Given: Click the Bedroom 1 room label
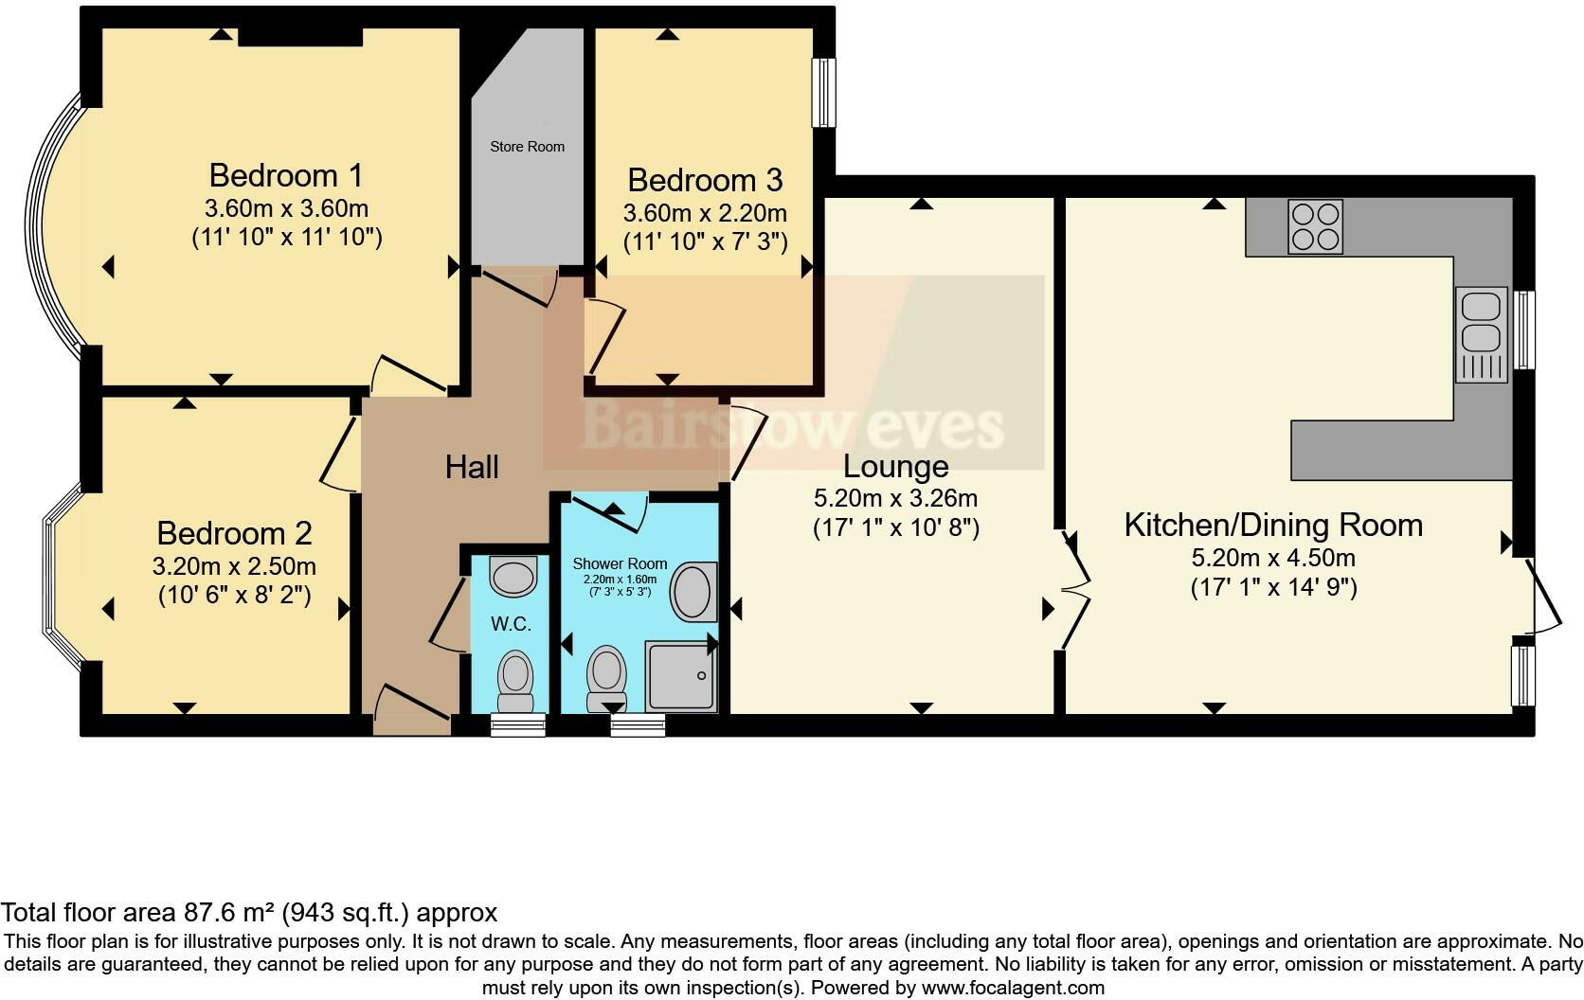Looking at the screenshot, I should [x=286, y=176].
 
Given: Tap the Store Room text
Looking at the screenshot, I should [x=527, y=147].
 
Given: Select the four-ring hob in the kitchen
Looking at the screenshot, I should [x=1315, y=227].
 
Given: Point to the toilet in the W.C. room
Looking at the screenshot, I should [x=516, y=681].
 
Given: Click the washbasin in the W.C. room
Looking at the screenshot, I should [x=513, y=575].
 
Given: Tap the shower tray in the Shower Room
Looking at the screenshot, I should [x=680, y=675].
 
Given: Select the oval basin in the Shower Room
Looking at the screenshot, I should [x=694, y=592].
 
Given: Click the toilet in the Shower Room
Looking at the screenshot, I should [x=606, y=678].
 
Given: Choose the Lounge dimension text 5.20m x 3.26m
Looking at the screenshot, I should [x=895, y=498].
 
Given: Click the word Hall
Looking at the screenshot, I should [x=472, y=467].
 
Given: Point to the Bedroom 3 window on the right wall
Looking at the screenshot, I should [x=825, y=92].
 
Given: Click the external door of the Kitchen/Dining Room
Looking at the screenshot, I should [x=1544, y=597].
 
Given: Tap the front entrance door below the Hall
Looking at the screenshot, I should [x=410, y=711].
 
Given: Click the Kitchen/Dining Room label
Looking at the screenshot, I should [x=1272, y=525].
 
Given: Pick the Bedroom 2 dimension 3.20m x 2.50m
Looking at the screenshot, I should [x=234, y=567].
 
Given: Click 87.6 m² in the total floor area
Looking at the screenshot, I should [x=226, y=913].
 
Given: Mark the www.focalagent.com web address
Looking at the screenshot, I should [x=1012, y=988].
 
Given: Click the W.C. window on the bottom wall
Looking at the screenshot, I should [x=518, y=725].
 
